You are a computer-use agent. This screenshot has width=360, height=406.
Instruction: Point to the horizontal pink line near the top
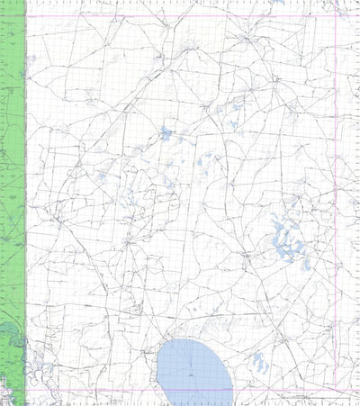coord(180,15)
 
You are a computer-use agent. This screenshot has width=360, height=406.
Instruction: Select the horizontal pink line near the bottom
coord(180,391)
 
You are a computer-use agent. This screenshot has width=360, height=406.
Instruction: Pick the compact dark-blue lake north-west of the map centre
coord(166,136)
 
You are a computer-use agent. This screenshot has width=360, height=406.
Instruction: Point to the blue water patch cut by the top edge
coord(280,3)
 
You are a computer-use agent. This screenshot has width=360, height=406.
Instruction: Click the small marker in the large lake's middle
coord(192,371)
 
